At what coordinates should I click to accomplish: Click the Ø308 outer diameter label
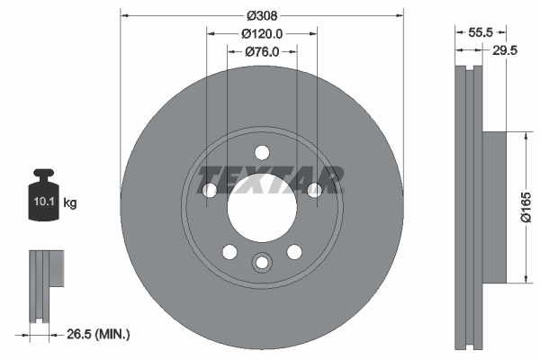(261, 14)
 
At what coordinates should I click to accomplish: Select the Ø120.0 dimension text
(262, 33)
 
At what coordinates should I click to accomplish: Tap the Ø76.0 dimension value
(261, 52)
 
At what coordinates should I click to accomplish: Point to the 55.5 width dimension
(480, 31)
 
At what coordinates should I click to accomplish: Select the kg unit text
(70, 203)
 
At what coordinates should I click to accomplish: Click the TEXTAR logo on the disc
(271, 180)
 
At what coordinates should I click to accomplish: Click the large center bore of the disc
(261, 209)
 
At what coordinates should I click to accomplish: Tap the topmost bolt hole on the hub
(261, 152)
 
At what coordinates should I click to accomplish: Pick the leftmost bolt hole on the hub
(209, 190)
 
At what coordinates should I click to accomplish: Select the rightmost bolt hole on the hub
(314, 190)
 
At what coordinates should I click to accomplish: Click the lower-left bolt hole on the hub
(229, 251)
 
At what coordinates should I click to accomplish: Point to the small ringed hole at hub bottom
(261, 263)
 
